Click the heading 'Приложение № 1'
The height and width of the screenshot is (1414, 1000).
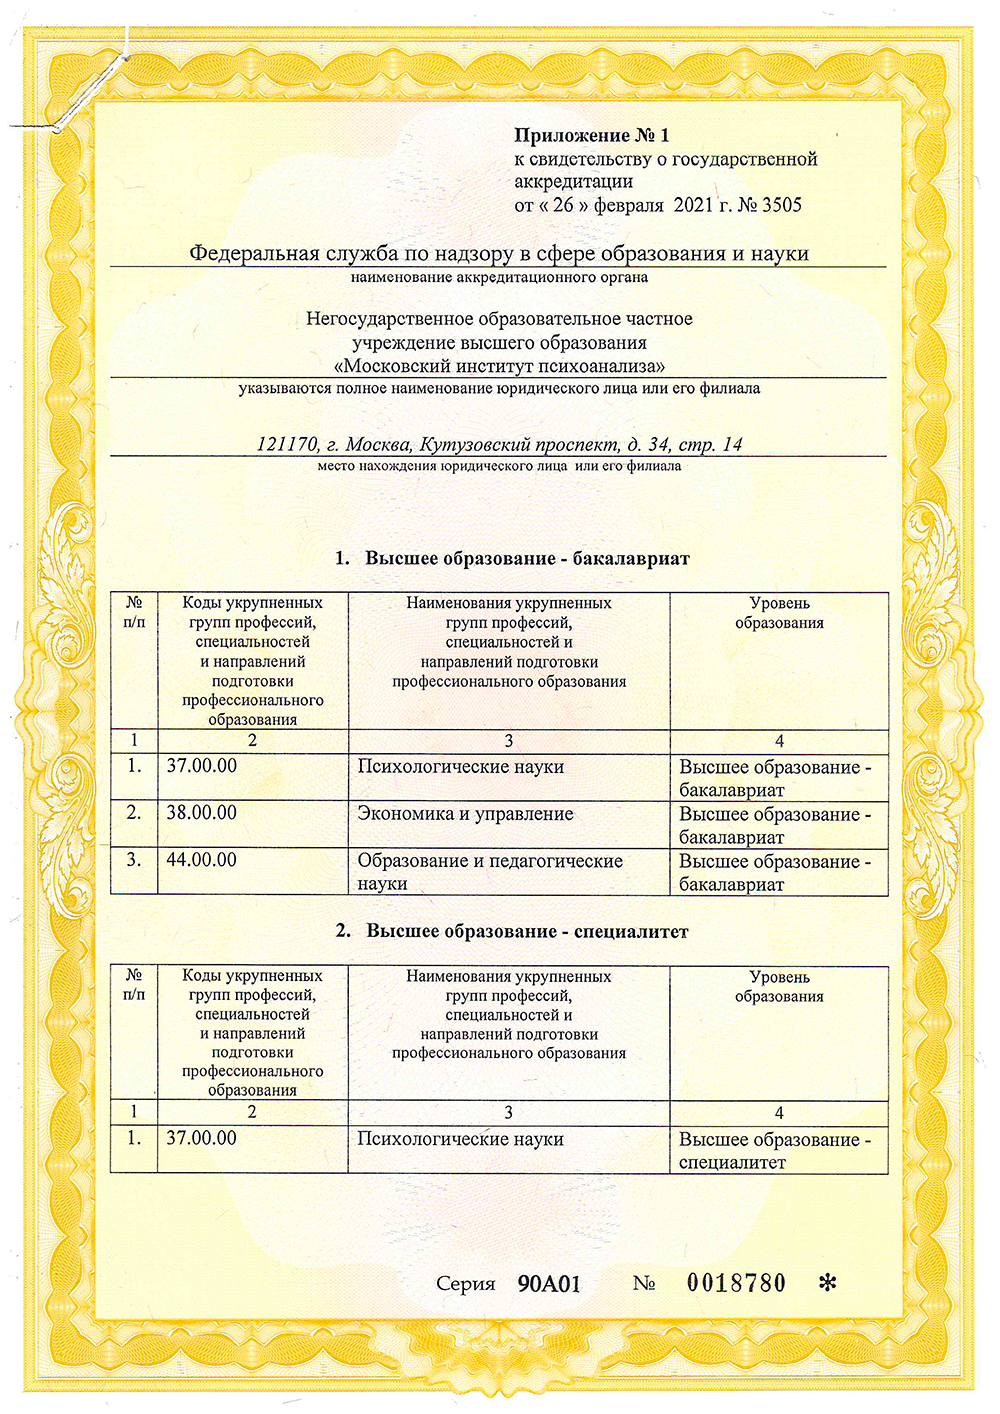(591, 135)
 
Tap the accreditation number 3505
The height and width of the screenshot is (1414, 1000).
(782, 205)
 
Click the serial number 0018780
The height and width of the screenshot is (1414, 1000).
(736, 1283)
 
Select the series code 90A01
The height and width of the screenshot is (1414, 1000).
(549, 1284)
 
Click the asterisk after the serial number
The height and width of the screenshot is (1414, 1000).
(827, 1284)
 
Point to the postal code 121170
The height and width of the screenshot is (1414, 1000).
(287, 444)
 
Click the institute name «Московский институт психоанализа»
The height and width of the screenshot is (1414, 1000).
(499, 366)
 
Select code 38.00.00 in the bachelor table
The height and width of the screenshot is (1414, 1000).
(202, 813)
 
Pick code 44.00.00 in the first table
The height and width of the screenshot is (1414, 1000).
(202, 860)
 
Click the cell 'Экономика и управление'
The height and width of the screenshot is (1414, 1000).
(465, 814)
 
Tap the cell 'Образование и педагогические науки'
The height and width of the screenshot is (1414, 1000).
(490, 872)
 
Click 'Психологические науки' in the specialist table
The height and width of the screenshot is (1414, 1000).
(461, 1139)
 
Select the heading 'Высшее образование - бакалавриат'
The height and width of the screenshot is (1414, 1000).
(527, 558)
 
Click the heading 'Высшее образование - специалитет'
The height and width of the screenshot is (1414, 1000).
(527, 931)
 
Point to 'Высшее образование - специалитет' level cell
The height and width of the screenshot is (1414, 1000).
(774, 1150)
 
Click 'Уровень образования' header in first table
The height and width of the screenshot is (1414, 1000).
(779, 612)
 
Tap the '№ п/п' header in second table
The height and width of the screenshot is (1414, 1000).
(134, 984)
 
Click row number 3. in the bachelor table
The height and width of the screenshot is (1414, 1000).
(134, 860)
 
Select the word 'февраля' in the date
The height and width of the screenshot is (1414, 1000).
(629, 205)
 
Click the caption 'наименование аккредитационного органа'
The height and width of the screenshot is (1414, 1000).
(499, 277)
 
